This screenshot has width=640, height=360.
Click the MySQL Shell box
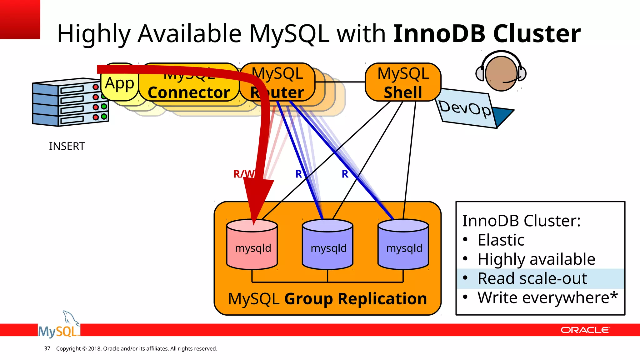[403, 82]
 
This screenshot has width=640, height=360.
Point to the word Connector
[189, 93]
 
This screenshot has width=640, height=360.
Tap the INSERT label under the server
[67, 146]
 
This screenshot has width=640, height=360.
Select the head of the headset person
[501, 74]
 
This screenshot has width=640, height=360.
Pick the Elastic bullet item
[501, 240]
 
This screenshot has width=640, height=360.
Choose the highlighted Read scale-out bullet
[532, 278]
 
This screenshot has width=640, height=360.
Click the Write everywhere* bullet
[547, 297]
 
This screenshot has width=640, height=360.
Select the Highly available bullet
[536, 259]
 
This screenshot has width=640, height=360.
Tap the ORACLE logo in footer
[585, 330]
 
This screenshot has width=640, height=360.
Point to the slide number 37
[47, 348]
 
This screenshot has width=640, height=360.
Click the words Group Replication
[355, 299]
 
